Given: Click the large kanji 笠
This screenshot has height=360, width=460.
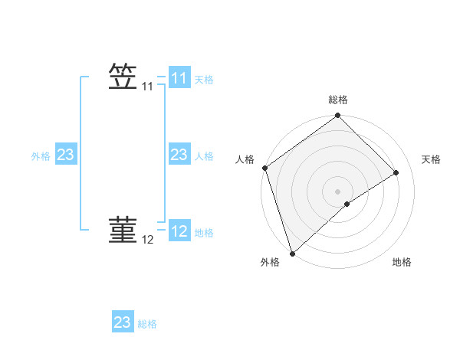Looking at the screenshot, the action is pyautogui.click(x=123, y=77).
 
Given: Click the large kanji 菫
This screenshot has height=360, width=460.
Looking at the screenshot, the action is pyautogui.click(x=123, y=231).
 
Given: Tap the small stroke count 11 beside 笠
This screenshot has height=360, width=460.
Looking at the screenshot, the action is pyautogui.click(x=147, y=87).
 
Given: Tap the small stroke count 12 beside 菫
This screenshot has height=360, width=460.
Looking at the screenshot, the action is pyautogui.click(x=147, y=241).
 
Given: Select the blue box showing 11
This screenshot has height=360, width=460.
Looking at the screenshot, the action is pyautogui.click(x=179, y=78).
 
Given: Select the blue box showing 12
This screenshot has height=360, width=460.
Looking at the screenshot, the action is pyautogui.click(x=179, y=231).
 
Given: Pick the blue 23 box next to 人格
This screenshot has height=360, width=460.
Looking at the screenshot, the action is pyautogui.click(x=179, y=155).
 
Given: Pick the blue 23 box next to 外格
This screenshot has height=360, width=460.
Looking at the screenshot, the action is pyautogui.click(x=65, y=155).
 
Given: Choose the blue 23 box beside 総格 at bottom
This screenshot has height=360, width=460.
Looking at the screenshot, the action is pyautogui.click(x=122, y=322).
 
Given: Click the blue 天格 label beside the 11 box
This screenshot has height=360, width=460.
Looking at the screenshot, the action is pyautogui.click(x=204, y=80).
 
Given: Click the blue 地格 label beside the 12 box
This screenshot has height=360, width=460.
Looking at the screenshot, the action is pyautogui.click(x=204, y=233).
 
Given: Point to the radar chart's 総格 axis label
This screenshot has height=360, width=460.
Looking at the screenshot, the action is pyautogui.click(x=338, y=100).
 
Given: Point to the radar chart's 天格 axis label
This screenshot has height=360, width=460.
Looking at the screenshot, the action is pyautogui.click(x=431, y=159).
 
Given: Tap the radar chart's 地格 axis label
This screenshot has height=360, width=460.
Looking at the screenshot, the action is pyautogui.click(x=402, y=263).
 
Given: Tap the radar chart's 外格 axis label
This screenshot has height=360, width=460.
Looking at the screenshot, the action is pyautogui.click(x=270, y=263).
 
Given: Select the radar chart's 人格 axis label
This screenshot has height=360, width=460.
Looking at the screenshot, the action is pyautogui.click(x=245, y=159).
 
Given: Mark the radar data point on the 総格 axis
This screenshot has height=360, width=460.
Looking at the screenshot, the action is pyautogui.click(x=338, y=116).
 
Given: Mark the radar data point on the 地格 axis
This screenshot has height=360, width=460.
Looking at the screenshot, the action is pyautogui.click(x=347, y=204).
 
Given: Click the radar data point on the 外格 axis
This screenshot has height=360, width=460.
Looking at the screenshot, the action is pyautogui.click(x=291, y=253).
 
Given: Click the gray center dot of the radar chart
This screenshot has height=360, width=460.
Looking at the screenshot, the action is pyautogui.click(x=338, y=191).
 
